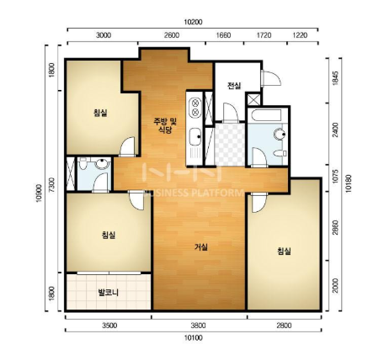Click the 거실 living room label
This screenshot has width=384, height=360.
tap(201, 247)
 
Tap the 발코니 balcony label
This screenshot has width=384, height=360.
tap(108, 293)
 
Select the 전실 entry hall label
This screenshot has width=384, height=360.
tap(234, 86)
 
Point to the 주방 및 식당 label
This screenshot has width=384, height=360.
tap(165, 125)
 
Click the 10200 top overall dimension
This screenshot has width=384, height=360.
tap(193, 22)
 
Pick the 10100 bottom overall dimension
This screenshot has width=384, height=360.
tap(193, 338)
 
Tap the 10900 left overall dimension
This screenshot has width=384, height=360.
tap(40, 193)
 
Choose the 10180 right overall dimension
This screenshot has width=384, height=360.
tap(349, 183)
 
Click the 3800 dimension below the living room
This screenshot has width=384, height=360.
tap(198, 326)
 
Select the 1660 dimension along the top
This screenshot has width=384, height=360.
tap(224, 35)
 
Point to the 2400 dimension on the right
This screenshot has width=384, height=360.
tap(335, 130)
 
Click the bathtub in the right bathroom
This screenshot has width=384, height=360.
tap(265, 115)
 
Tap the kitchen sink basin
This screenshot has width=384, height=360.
tap(195, 136)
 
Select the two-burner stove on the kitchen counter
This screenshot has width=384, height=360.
tap(195, 107)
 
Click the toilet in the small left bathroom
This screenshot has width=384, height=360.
tap(83, 163)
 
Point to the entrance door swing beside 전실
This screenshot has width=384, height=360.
tap(271, 78)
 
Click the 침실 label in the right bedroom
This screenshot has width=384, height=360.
tap(284, 251)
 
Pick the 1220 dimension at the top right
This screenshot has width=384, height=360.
tap(300, 35)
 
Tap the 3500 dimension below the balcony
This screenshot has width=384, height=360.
tap(109, 326)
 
